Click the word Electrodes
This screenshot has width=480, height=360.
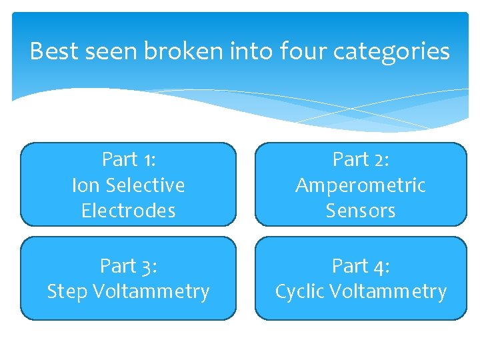tap(128, 211)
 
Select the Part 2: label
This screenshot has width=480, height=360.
tap(361, 159)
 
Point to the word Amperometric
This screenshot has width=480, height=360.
tap(361, 185)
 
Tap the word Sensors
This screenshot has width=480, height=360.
tap(361, 211)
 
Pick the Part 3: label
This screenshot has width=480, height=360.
tap(128, 266)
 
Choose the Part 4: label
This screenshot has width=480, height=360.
tap(361, 266)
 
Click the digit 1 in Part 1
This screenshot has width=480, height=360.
tap(148, 160)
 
